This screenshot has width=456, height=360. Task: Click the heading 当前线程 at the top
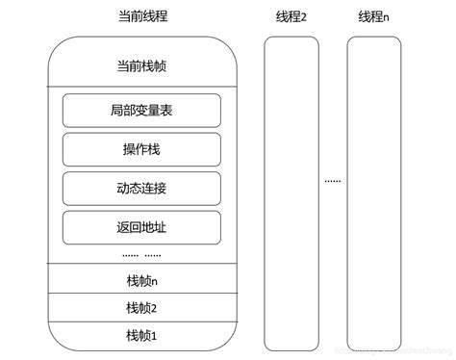tap(141, 17)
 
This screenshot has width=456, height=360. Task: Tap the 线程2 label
tap(291, 17)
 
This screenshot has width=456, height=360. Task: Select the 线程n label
tap(372, 17)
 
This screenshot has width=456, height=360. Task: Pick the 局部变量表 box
tap(141, 111)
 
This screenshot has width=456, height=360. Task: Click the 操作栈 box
tap(141, 149)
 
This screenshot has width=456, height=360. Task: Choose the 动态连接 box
tap(141, 188)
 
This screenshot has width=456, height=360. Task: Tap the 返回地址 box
tap(141, 227)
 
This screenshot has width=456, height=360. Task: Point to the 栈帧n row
tap(141, 280)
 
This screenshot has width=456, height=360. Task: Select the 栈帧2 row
tap(141, 307)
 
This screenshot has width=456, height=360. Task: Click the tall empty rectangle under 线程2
tap(291, 193)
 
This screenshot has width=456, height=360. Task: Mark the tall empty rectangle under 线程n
tap(372, 193)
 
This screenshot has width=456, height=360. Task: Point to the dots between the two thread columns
tap(332, 180)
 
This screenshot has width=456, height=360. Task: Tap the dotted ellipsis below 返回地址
tap(141, 255)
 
